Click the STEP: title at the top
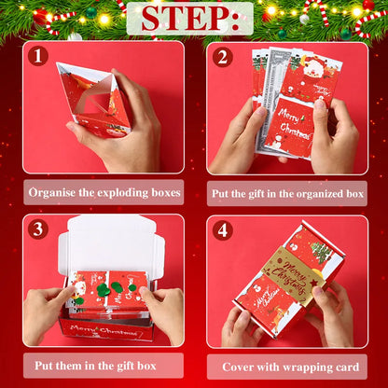point(194,19)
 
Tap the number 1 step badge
point(38,56)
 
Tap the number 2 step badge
point(221,56)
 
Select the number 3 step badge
point(38,229)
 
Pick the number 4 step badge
point(221,229)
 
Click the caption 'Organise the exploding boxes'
point(103,193)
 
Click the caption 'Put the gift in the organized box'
point(287,193)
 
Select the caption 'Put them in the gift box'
point(103,366)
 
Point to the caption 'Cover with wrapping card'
point(287,366)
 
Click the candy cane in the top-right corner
point(368,19)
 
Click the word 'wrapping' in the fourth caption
point(298,366)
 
